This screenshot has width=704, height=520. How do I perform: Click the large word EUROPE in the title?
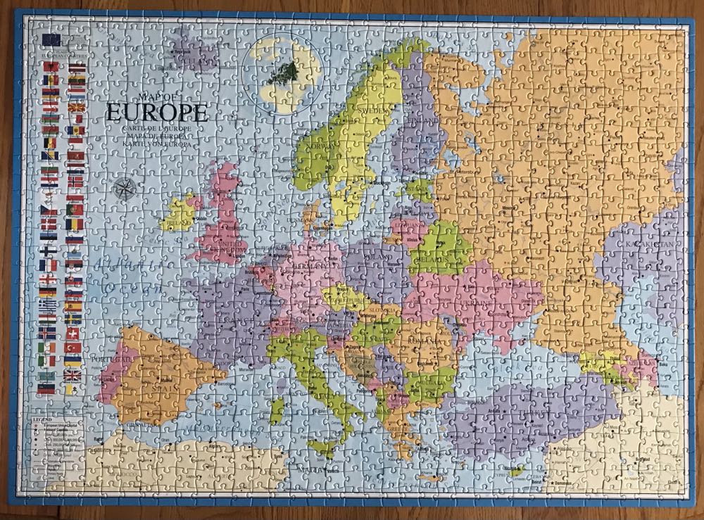point(157,113)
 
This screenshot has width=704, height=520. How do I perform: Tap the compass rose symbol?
point(123,188)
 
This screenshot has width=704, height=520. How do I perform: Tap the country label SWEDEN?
point(370,111)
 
